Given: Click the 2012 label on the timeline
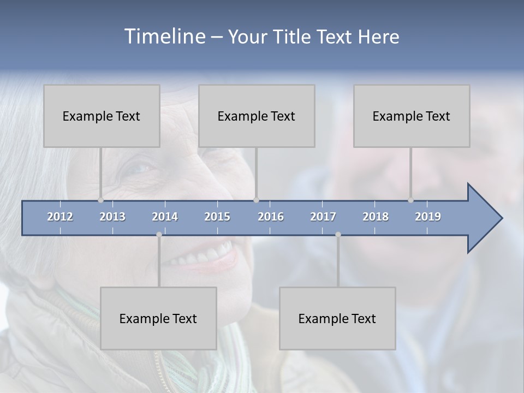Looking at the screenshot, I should click(60, 217).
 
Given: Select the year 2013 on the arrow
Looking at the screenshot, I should click(112, 217).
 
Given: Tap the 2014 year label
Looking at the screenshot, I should click(165, 217).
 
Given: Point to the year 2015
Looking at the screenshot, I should click(217, 217).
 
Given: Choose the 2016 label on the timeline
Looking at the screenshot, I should click(271, 217).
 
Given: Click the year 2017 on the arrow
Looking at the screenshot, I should click(323, 217).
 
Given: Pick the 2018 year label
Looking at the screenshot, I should click(376, 217).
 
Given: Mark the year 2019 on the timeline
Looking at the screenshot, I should click(428, 217).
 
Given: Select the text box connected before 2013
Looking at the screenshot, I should click(102, 116).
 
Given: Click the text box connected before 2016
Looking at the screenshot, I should click(257, 116).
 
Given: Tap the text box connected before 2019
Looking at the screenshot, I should click(412, 116).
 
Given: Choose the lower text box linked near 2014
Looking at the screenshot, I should click(158, 318).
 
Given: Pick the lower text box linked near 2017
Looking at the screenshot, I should click(337, 318).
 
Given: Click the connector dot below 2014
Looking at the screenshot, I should click(159, 235).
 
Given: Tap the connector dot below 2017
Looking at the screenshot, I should click(338, 235).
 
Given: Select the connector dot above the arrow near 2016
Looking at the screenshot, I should click(256, 200).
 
